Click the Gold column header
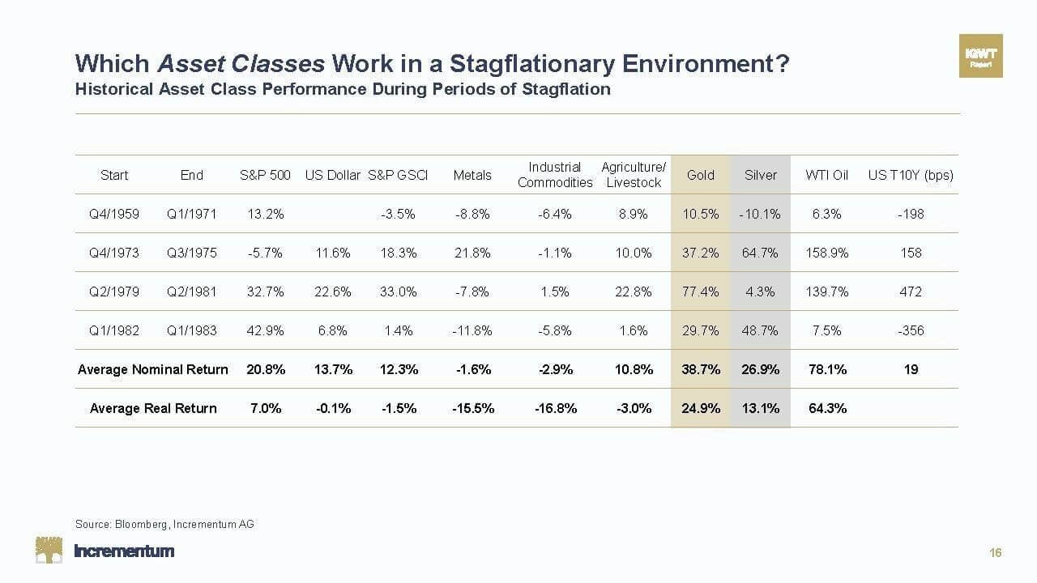(701, 175)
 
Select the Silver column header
(760, 175)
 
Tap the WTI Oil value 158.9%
(826, 253)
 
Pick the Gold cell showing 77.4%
(701, 291)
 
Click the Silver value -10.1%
(760, 214)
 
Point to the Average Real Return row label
(153, 408)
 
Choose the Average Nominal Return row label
(153, 369)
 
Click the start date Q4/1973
(114, 253)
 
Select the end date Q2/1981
(192, 291)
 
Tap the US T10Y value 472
(911, 291)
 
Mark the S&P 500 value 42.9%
(266, 330)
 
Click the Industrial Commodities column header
(555, 175)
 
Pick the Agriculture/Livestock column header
(634, 175)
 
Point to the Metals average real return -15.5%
(473, 408)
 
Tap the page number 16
(996, 553)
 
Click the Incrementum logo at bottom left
(105, 551)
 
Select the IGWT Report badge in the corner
(980, 56)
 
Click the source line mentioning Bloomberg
(164, 524)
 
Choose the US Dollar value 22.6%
(333, 291)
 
